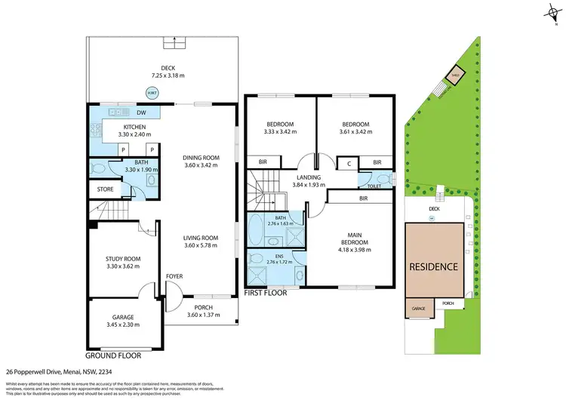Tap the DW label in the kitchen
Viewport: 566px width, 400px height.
(141, 113)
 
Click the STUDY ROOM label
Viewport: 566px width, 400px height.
(123, 259)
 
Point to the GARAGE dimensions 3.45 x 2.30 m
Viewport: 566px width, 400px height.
(124, 325)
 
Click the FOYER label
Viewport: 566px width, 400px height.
(175, 276)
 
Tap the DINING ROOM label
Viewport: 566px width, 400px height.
(201, 157)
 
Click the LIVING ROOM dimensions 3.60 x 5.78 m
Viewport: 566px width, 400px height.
(201, 245)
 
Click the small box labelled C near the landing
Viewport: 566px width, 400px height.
(348, 162)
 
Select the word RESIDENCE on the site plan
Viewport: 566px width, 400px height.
(433, 266)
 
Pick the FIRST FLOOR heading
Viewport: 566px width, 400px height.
(265, 292)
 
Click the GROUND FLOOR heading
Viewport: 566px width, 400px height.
(114, 355)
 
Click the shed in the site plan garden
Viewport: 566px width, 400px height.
(455, 74)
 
